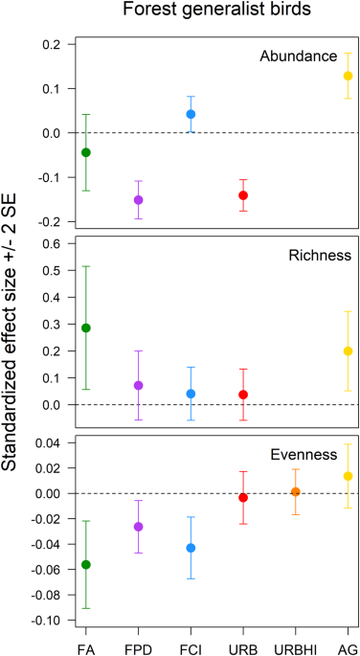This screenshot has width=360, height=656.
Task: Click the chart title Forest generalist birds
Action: [208, 13]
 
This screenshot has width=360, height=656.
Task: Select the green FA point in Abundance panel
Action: [86, 152]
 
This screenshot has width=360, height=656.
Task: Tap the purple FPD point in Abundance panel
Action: [139, 200]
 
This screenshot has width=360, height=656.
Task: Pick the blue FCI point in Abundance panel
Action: [191, 114]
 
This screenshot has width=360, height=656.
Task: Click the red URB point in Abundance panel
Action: [243, 195]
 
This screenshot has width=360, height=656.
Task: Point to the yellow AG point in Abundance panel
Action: [349, 76]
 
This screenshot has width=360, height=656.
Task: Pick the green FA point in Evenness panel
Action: [86, 564]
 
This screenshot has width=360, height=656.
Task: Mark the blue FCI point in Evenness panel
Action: [191, 548]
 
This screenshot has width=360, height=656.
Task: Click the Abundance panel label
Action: [298, 57]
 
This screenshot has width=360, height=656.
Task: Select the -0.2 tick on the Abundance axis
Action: [50, 221]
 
